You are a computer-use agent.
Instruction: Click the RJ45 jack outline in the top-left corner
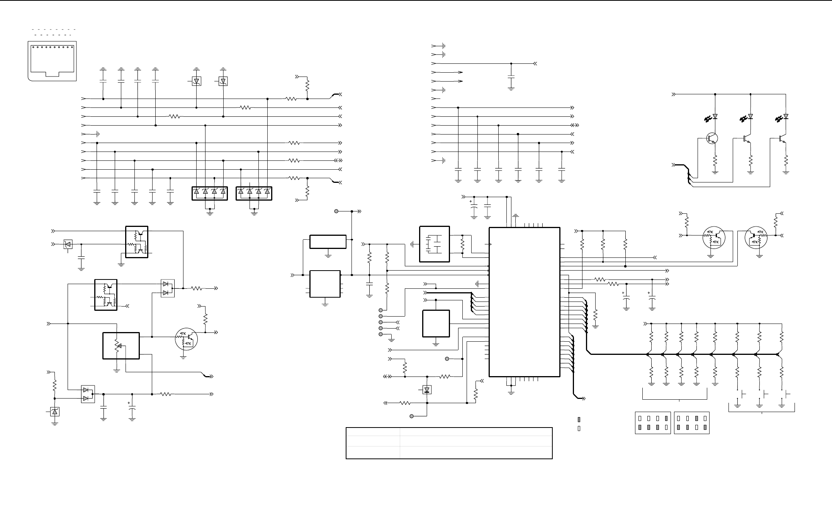point(52,61)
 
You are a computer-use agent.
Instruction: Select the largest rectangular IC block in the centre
point(524,302)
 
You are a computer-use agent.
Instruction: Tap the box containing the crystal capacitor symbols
point(434,244)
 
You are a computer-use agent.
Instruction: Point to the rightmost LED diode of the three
point(786,116)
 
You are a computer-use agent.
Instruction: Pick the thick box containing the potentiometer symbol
point(121,345)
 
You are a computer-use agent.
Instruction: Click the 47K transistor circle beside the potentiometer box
point(187,339)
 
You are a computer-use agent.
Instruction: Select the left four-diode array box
point(210,193)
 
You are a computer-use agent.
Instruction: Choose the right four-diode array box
point(254,193)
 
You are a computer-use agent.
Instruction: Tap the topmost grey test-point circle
point(336,211)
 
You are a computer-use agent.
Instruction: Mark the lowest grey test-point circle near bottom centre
point(412,416)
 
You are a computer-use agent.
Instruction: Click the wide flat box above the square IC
point(328,242)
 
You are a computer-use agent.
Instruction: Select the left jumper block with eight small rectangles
point(653,423)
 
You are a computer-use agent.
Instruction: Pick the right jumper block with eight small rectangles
point(691,423)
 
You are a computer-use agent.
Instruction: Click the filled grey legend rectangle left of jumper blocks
point(579,419)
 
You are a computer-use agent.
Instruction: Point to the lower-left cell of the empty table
point(373,452)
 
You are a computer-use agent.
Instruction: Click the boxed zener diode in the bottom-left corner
point(54,412)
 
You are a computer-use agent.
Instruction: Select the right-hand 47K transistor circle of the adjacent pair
point(756,238)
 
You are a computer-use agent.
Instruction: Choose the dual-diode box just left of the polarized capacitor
point(88,394)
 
